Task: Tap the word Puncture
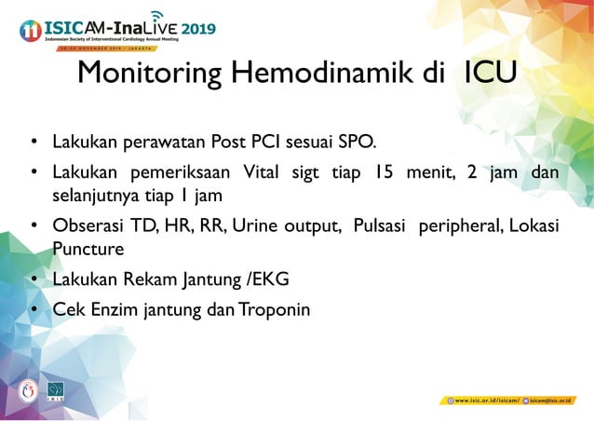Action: coord(88,250)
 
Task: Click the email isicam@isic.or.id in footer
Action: coord(556,400)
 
